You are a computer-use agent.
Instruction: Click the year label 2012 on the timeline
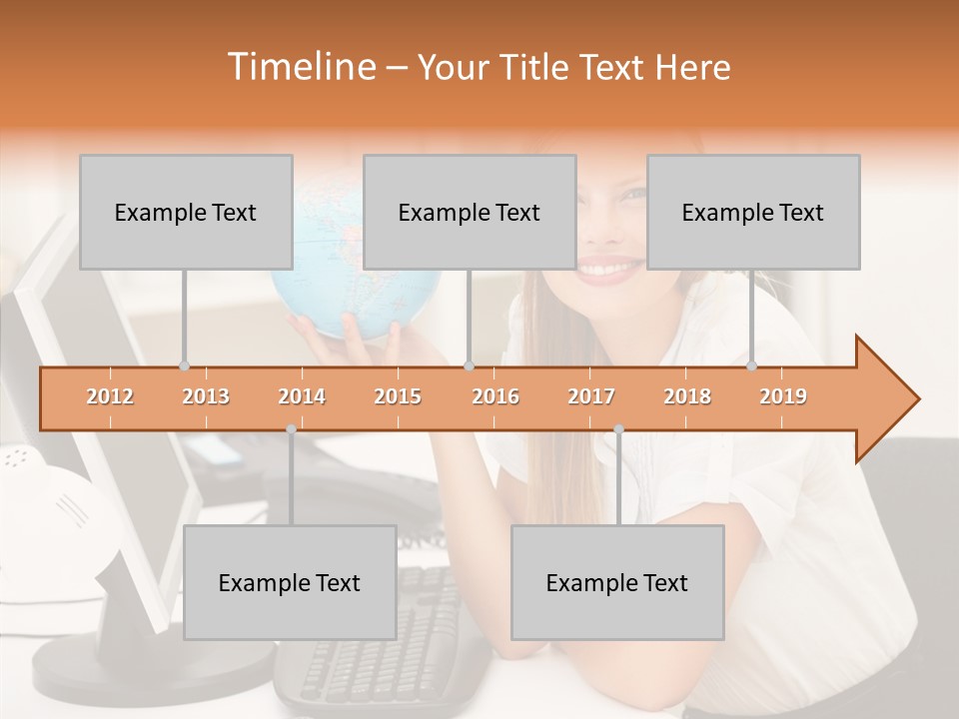click(110, 396)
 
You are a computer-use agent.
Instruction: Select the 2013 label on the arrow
click(206, 396)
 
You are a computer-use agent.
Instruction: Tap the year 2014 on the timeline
click(302, 396)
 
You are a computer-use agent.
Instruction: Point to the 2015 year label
click(398, 396)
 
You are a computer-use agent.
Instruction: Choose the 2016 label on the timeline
click(495, 396)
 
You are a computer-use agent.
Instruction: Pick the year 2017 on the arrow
click(591, 396)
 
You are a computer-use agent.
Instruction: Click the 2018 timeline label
click(687, 396)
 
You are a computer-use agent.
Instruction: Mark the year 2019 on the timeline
click(783, 396)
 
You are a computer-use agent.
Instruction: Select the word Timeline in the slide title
click(300, 67)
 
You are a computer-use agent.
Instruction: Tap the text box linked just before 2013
click(186, 212)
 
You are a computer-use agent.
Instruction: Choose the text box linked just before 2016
click(470, 212)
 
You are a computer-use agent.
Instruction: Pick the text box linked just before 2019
click(753, 212)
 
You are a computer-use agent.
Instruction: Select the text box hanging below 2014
click(290, 582)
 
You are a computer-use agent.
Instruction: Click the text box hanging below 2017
click(617, 582)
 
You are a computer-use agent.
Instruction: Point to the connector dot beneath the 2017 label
click(618, 429)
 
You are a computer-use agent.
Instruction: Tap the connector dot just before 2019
click(752, 365)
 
